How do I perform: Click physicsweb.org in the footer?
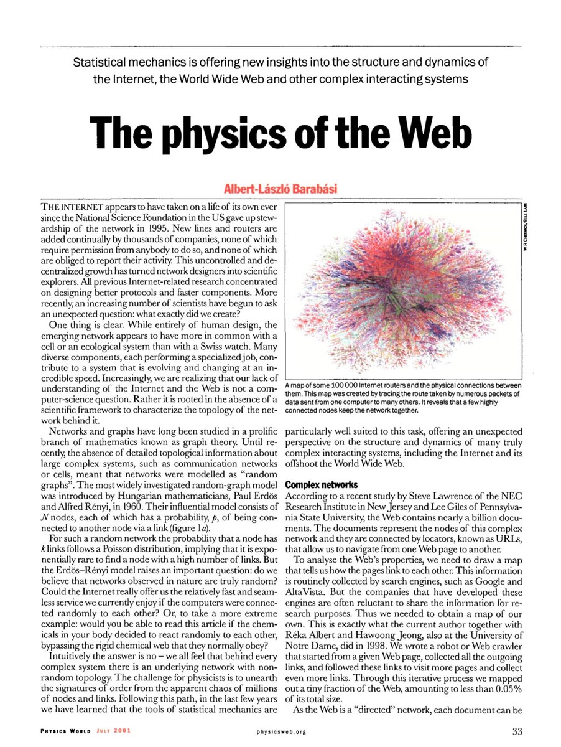click(x=280, y=732)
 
